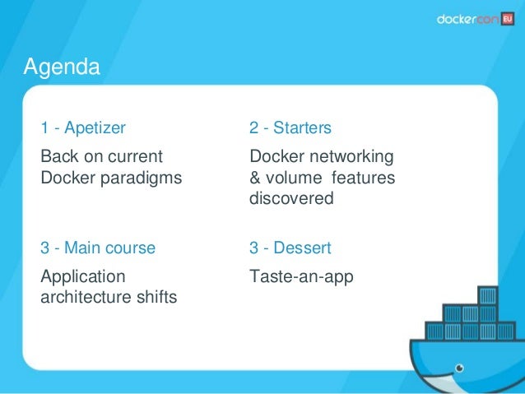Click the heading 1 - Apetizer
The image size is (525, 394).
pyautogui.click(x=83, y=128)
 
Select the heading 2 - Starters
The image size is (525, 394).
pyautogui.click(x=290, y=128)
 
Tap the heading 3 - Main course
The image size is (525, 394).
pyautogui.click(x=98, y=248)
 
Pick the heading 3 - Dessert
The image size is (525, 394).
pyautogui.click(x=290, y=248)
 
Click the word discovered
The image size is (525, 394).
pyautogui.click(x=290, y=198)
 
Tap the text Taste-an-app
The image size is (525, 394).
pyautogui.click(x=301, y=277)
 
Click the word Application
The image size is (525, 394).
pyautogui.click(x=83, y=277)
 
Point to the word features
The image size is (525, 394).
pyautogui.click(x=365, y=178)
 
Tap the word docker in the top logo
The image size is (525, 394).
pyautogui.click(x=456, y=20)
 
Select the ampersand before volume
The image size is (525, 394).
pyautogui.click(x=255, y=178)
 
